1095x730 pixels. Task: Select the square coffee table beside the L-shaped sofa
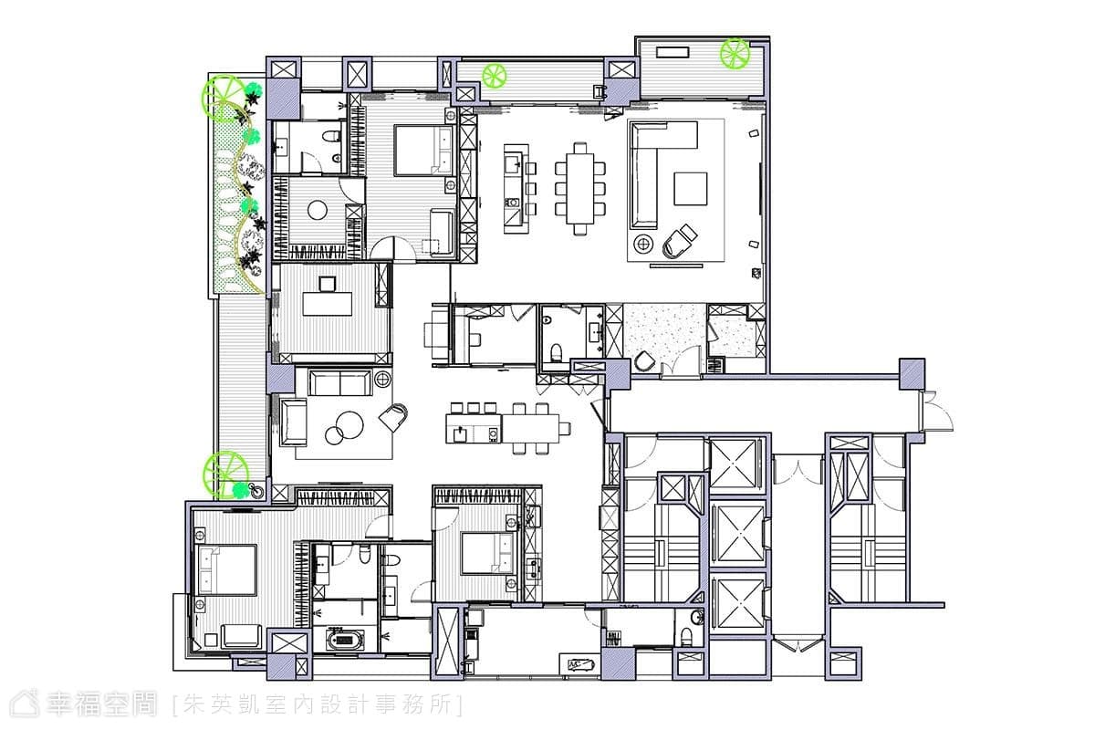[x=690, y=189]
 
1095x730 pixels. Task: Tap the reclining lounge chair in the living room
[x=679, y=242]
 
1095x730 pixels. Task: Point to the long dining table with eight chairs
[x=580, y=189]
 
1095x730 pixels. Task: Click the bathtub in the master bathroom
[x=345, y=640]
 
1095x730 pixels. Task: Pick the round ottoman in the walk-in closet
[x=318, y=210]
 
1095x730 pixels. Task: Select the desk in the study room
[x=327, y=304]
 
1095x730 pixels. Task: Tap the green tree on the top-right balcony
[x=735, y=53]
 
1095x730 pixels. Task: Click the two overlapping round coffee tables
[x=345, y=428]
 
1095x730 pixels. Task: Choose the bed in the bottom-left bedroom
[x=226, y=570]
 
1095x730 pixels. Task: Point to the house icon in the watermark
[x=25, y=704]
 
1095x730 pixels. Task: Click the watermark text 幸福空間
[x=101, y=704]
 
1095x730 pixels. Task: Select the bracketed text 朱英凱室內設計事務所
[x=318, y=704]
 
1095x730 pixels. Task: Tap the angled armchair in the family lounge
[x=393, y=418]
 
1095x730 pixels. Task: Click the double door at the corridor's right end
[x=936, y=411]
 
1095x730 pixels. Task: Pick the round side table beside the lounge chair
[x=643, y=243]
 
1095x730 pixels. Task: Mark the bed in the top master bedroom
[x=424, y=151]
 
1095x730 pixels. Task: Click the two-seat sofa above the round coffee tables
[x=340, y=383]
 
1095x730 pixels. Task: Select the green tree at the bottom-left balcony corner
[x=226, y=474]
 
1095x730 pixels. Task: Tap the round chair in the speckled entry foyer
[x=645, y=361]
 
